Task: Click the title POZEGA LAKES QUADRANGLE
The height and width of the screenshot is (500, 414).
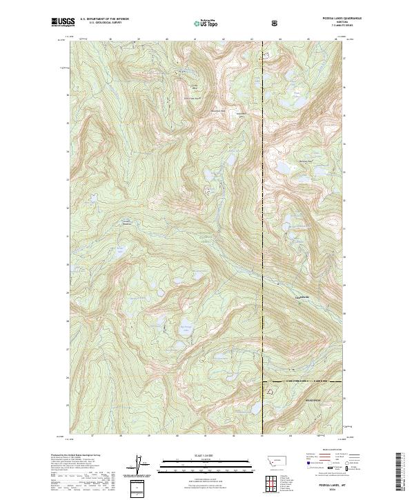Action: (322, 19)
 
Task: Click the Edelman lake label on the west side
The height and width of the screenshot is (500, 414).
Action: (126, 222)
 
